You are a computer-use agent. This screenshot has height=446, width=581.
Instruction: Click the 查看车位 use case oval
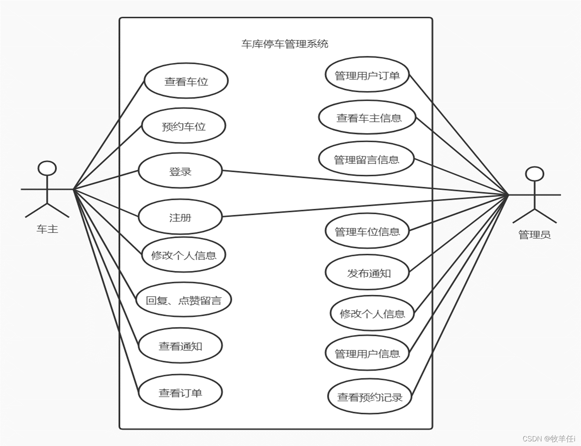click(186, 81)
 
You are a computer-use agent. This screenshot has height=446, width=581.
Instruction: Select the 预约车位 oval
click(183, 126)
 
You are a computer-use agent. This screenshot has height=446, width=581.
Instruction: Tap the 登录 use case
click(180, 171)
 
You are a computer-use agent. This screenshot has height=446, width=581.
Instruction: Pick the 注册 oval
click(180, 217)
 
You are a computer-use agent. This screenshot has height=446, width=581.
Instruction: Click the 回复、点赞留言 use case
click(183, 300)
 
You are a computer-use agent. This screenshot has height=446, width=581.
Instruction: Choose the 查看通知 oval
click(180, 346)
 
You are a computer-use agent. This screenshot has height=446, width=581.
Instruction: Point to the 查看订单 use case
click(180, 393)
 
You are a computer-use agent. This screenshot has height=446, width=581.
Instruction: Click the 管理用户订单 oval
click(367, 75)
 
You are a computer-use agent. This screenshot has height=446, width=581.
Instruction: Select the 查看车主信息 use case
click(367, 118)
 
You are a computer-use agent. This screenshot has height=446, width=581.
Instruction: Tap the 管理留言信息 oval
click(366, 159)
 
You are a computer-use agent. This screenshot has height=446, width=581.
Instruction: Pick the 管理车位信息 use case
click(367, 231)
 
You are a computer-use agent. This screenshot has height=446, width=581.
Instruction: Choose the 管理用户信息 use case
click(367, 353)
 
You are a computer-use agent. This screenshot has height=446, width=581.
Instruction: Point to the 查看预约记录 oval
click(369, 397)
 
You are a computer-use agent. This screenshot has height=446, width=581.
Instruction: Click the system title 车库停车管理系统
click(285, 44)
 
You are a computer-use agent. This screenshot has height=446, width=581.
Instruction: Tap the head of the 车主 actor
click(47, 169)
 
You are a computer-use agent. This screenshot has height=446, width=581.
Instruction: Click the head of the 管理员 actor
click(535, 174)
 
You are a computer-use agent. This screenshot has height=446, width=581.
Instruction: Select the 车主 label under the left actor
click(47, 229)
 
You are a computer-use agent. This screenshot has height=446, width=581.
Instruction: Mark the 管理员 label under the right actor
click(534, 234)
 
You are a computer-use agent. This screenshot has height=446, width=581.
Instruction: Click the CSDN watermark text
click(549, 439)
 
